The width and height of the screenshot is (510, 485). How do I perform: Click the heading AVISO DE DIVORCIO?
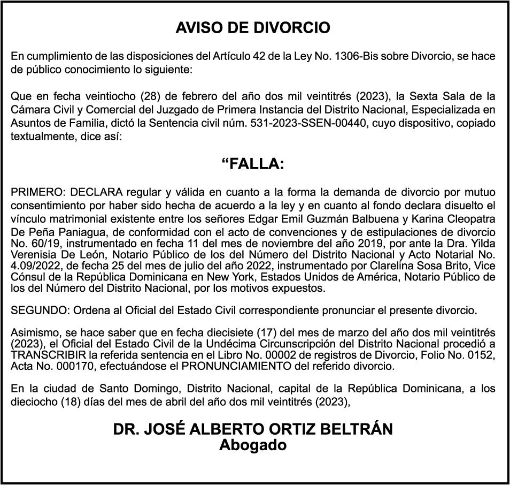click(x=253, y=28)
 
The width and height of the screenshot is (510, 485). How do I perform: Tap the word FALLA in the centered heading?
click(x=257, y=164)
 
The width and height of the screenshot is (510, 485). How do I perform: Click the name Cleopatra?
click(x=467, y=219)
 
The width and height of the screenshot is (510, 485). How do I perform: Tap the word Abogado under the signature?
click(x=253, y=445)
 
